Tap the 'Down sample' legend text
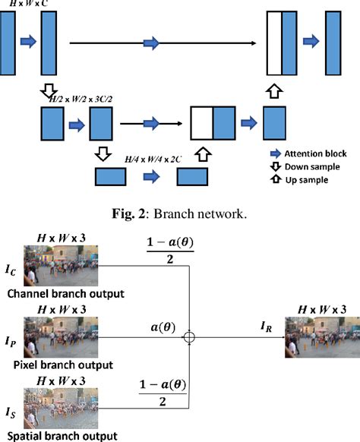tap(316, 166)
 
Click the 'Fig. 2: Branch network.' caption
tap(179, 213)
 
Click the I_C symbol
tap(10, 269)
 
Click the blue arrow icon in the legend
tap(276, 153)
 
